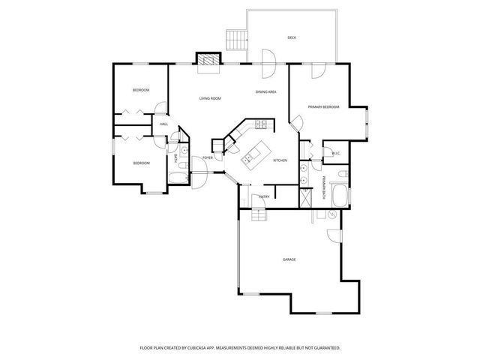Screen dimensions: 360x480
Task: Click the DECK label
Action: tap(292, 37)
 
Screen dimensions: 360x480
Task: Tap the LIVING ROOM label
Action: tap(209, 98)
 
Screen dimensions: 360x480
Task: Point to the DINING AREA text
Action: tap(266, 91)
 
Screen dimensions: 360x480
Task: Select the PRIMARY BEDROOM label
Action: tap(323, 107)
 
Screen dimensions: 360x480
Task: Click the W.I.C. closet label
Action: tap(336, 154)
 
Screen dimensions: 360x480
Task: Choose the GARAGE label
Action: tap(289, 259)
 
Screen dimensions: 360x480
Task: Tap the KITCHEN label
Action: tap(280, 161)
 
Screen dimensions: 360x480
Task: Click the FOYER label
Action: tap(208, 158)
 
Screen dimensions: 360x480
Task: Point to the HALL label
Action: tap(163, 124)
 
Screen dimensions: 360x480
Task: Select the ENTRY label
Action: tap(264, 196)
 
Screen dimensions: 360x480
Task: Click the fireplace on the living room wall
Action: tap(208, 60)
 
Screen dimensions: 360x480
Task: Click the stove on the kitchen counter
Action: tap(259, 124)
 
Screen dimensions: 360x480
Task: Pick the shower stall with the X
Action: tap(304, 199)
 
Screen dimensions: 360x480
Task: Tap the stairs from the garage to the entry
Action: tap(258, 217)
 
